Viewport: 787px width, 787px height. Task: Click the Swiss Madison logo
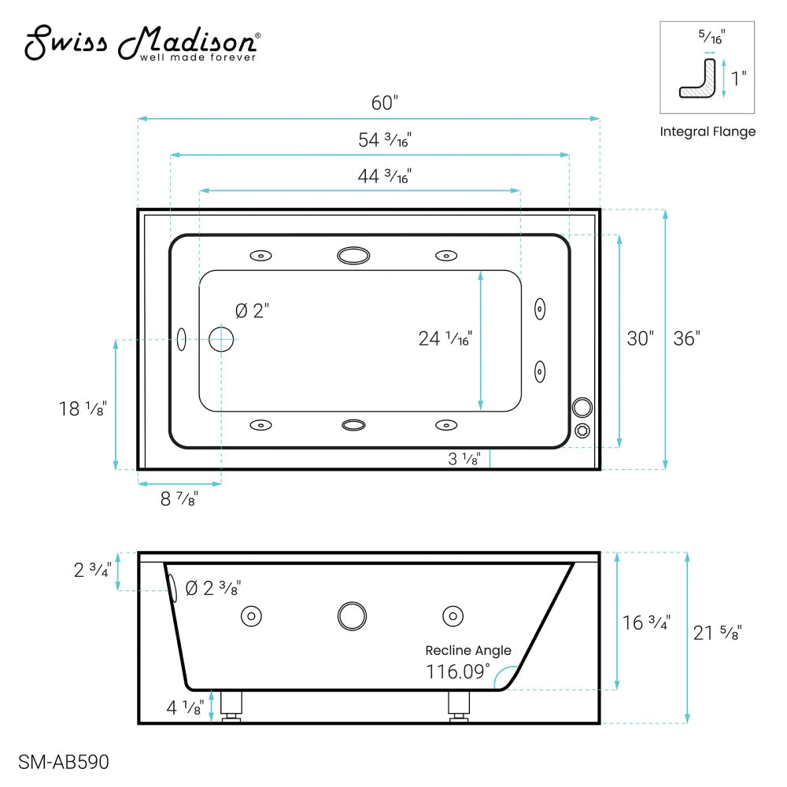click(x=142, y=44)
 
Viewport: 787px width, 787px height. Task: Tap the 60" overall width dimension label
click(x=385, y=103)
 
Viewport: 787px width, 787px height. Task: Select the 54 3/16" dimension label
click(x=385, y=140)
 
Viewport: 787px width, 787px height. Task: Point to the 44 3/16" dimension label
click(x=385, y=176)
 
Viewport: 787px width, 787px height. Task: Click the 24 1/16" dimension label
click(x=445, y=338)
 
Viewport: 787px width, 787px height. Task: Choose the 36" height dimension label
click(x=686, y=338)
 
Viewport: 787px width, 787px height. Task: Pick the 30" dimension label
click(x=640, y=338)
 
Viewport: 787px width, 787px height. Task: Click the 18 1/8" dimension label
click(x=82, y=408)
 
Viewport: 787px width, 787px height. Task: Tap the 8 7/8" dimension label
click(x=179, y=498)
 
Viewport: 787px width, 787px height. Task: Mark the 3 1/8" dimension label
click(x=464, y=460)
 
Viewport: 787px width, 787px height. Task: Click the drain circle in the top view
click(x=221, y=339)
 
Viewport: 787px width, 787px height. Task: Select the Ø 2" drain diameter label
click(x=252, y=311)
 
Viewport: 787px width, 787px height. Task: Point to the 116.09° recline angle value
click(x=458, y=672)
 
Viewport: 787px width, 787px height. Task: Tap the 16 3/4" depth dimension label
click(x=646, y=622)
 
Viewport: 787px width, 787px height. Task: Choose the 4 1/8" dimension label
click(x=186, y=707)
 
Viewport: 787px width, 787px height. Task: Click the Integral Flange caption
click(x=708, y=131)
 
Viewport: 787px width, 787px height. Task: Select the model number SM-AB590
click(x=63, y=762)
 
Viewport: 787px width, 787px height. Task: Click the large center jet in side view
click(x=352, y=615)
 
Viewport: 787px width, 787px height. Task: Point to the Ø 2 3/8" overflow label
click(x=212, y=588)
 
